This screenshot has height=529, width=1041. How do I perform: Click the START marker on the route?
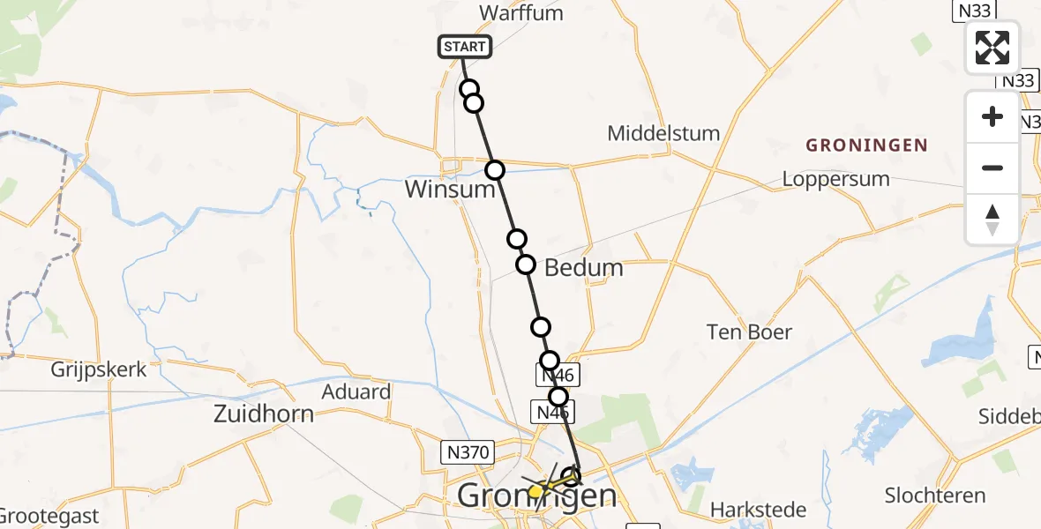click(x=464, y=47)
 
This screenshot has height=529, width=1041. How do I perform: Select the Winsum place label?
click(x=449, y=190)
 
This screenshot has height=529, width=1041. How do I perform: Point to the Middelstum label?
click(x=663, y=134)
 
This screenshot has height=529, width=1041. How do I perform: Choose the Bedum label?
click(x=584, y=268)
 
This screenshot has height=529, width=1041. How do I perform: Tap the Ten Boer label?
click(x=749, y=332)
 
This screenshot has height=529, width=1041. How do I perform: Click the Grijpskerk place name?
click(x=99, y=370)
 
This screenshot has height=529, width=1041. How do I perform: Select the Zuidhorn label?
click(x=265, y=413)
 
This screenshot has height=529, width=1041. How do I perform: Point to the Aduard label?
click(x=356, y=391)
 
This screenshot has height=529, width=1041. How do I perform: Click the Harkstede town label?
click(x=760, y=510)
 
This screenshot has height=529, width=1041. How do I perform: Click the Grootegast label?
click(x=49, y=516)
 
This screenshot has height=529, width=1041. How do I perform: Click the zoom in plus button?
click(x=992, y=116)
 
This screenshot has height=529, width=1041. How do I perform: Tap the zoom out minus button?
click(x=992, y=168)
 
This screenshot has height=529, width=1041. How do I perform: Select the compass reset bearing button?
click(x=992, y=219)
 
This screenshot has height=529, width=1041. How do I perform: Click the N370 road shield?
click(x=467, y=453)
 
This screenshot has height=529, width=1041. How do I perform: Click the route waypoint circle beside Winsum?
click(x=495, y=169)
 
